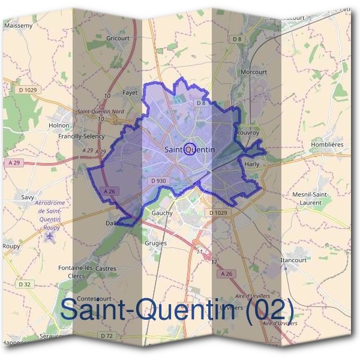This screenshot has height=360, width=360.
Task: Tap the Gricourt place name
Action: tap(118, 38)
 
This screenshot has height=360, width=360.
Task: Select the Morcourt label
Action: tap(253, 72)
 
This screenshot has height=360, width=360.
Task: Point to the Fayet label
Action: tap(130, 92)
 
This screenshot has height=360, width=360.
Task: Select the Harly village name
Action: tap(251, 163)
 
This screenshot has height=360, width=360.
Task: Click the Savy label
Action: tap(28, 197)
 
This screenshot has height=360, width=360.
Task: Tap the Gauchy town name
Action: tap(162, 213)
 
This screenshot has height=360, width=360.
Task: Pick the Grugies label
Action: tap(155, 243)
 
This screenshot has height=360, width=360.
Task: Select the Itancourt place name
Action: tap(293, 260)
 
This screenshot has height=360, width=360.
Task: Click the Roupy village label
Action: tap(11, 246)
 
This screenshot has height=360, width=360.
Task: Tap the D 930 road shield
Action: tap(159, 180)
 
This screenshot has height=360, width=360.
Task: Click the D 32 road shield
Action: tap(24, 284)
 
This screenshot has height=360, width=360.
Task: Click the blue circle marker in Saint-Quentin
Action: tap(188, 148)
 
